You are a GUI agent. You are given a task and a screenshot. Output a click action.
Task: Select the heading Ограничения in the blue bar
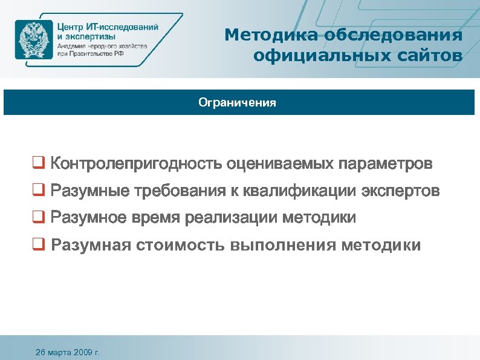pyautogui.click(x=237, y=103)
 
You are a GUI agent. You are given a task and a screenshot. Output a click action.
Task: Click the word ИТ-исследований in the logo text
pyautogui.click(x=122, y=27)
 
